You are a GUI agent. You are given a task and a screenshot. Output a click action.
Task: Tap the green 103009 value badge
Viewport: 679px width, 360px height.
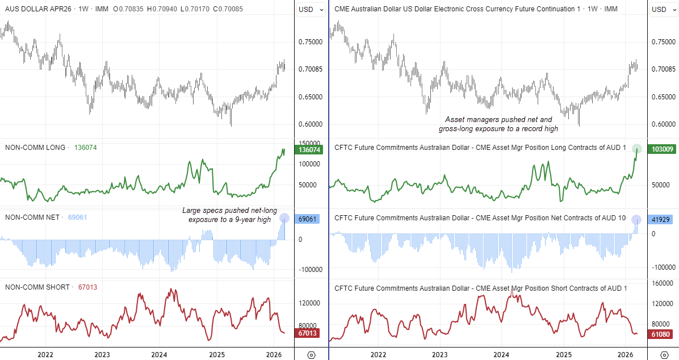pyautogui.click(x=661, y=150)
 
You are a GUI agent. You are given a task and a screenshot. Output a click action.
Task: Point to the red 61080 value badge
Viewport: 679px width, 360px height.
pyautogui.click(x=661, y=334)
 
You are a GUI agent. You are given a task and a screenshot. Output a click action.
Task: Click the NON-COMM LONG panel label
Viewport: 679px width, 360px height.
pyautogui.click(x=36, y=148)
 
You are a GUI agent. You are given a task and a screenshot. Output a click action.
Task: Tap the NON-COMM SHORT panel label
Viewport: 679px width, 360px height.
pyautogui.click(x=37, y=287)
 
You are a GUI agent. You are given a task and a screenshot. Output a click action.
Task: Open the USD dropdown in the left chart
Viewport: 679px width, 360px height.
pyautogui.click(x=312, y=10)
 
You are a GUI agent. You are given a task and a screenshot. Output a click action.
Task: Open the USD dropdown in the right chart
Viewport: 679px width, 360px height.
pyautogui.click(x=663, y=10)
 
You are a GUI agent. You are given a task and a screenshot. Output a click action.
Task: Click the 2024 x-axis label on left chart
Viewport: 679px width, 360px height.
pyautogui.click(x=160, y=354)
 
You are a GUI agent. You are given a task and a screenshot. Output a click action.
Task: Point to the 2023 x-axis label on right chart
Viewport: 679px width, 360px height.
pyautogui.click(x=440, y=354)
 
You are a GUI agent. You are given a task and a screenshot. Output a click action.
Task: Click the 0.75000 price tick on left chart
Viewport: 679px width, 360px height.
pyautogui.click(x=310, y=41)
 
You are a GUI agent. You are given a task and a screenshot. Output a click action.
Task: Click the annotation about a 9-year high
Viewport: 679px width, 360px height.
pyautogui.click(x=229, y=215)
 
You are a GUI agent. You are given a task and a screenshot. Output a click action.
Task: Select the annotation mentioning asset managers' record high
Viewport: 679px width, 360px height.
pyautogui.click(x=498, y=124)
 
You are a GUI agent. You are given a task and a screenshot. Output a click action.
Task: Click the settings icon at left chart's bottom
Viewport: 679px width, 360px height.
pyautogui.click(x=311, y=355)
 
